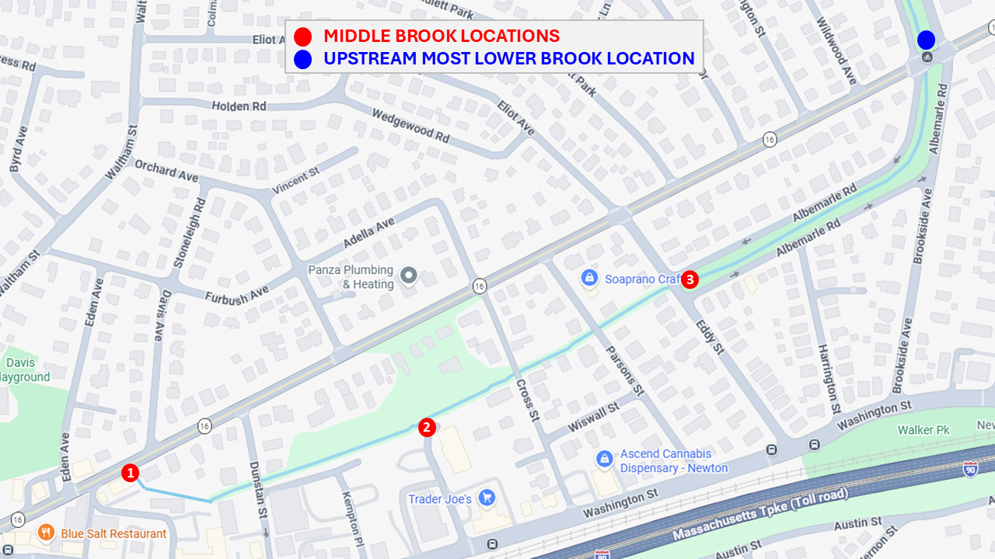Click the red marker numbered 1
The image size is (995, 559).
(130, 472)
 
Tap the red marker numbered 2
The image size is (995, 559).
(427, 427)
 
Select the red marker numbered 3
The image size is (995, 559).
(690, 279)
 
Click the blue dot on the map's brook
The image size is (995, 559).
(926, 40)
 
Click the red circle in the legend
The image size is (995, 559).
(303, 36)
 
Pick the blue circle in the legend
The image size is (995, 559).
(303, 59)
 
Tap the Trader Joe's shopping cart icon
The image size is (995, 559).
(487, 498)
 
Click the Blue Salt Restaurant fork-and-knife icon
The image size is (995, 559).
(46, 533)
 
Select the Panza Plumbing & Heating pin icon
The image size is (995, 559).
(409, 276)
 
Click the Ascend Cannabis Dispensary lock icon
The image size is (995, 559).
(604, 460)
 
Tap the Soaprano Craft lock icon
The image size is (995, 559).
(589, 277)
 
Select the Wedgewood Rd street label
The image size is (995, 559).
(410, 125)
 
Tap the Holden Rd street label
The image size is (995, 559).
(239, 106)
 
